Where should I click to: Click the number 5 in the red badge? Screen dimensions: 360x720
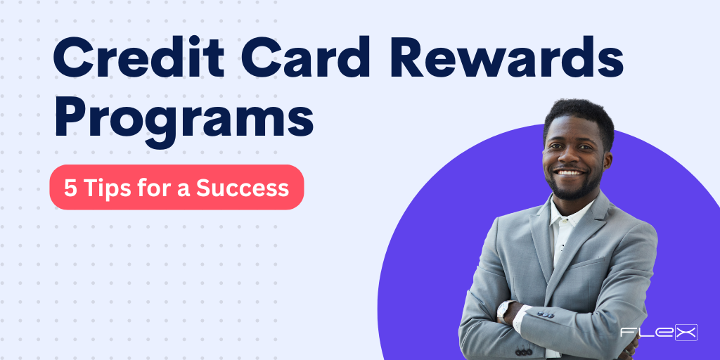(x=70, y=188)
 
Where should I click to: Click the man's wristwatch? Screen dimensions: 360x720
(x=503, y=310)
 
